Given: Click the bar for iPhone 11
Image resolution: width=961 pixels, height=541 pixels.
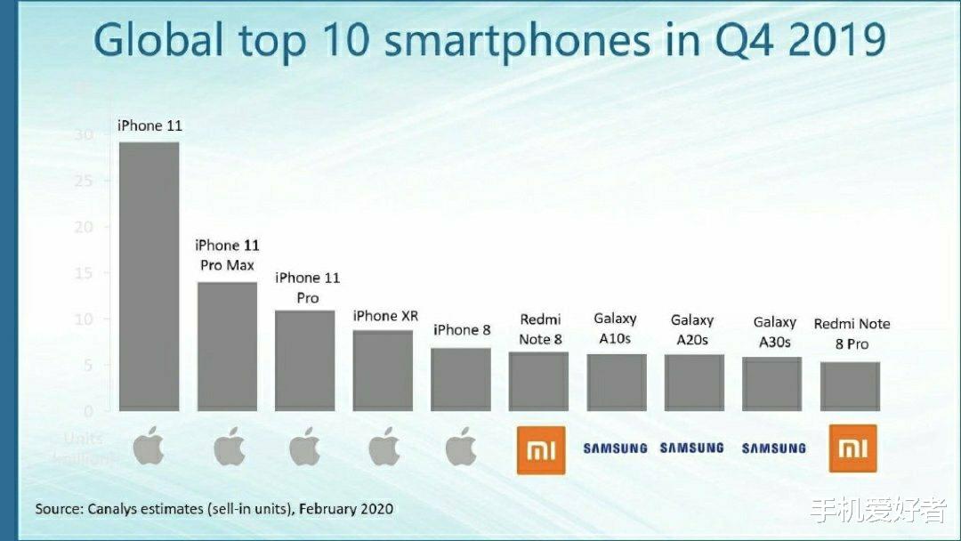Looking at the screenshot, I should coord(149,276).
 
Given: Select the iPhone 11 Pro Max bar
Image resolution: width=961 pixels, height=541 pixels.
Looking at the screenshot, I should coord(227,346).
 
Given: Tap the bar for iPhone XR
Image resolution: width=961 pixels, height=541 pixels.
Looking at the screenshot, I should coord(383,370).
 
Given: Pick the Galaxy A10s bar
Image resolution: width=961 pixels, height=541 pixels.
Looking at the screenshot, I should coord(616,383).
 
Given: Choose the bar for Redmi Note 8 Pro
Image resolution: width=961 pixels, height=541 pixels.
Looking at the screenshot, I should coord(850,386).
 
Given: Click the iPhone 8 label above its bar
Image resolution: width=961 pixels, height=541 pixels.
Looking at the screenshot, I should coord(462,330).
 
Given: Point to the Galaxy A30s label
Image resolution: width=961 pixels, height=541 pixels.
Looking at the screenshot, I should coord(773,333).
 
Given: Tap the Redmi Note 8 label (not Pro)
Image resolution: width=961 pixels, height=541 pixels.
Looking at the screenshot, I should coord(540,329).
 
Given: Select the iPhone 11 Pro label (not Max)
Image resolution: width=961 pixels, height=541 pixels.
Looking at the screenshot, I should coord(307,288).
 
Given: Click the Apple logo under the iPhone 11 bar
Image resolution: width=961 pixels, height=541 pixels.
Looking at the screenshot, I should coord(149,448).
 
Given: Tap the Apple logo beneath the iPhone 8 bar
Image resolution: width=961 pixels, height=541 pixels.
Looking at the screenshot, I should coord(460,448).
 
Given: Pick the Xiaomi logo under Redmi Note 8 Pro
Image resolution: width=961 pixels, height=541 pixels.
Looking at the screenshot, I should coord(852,448).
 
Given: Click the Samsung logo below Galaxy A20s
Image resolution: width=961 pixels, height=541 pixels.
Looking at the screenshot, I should coord(691,448).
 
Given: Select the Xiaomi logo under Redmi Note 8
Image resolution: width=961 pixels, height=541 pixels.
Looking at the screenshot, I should coord(541,448).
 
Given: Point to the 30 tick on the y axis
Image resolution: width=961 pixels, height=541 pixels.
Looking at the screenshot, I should coord(84,134).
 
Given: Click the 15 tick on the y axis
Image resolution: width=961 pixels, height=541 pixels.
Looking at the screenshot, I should coord(84,273).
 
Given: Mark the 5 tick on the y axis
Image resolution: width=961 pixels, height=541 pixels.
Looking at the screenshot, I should coord(87,365).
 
